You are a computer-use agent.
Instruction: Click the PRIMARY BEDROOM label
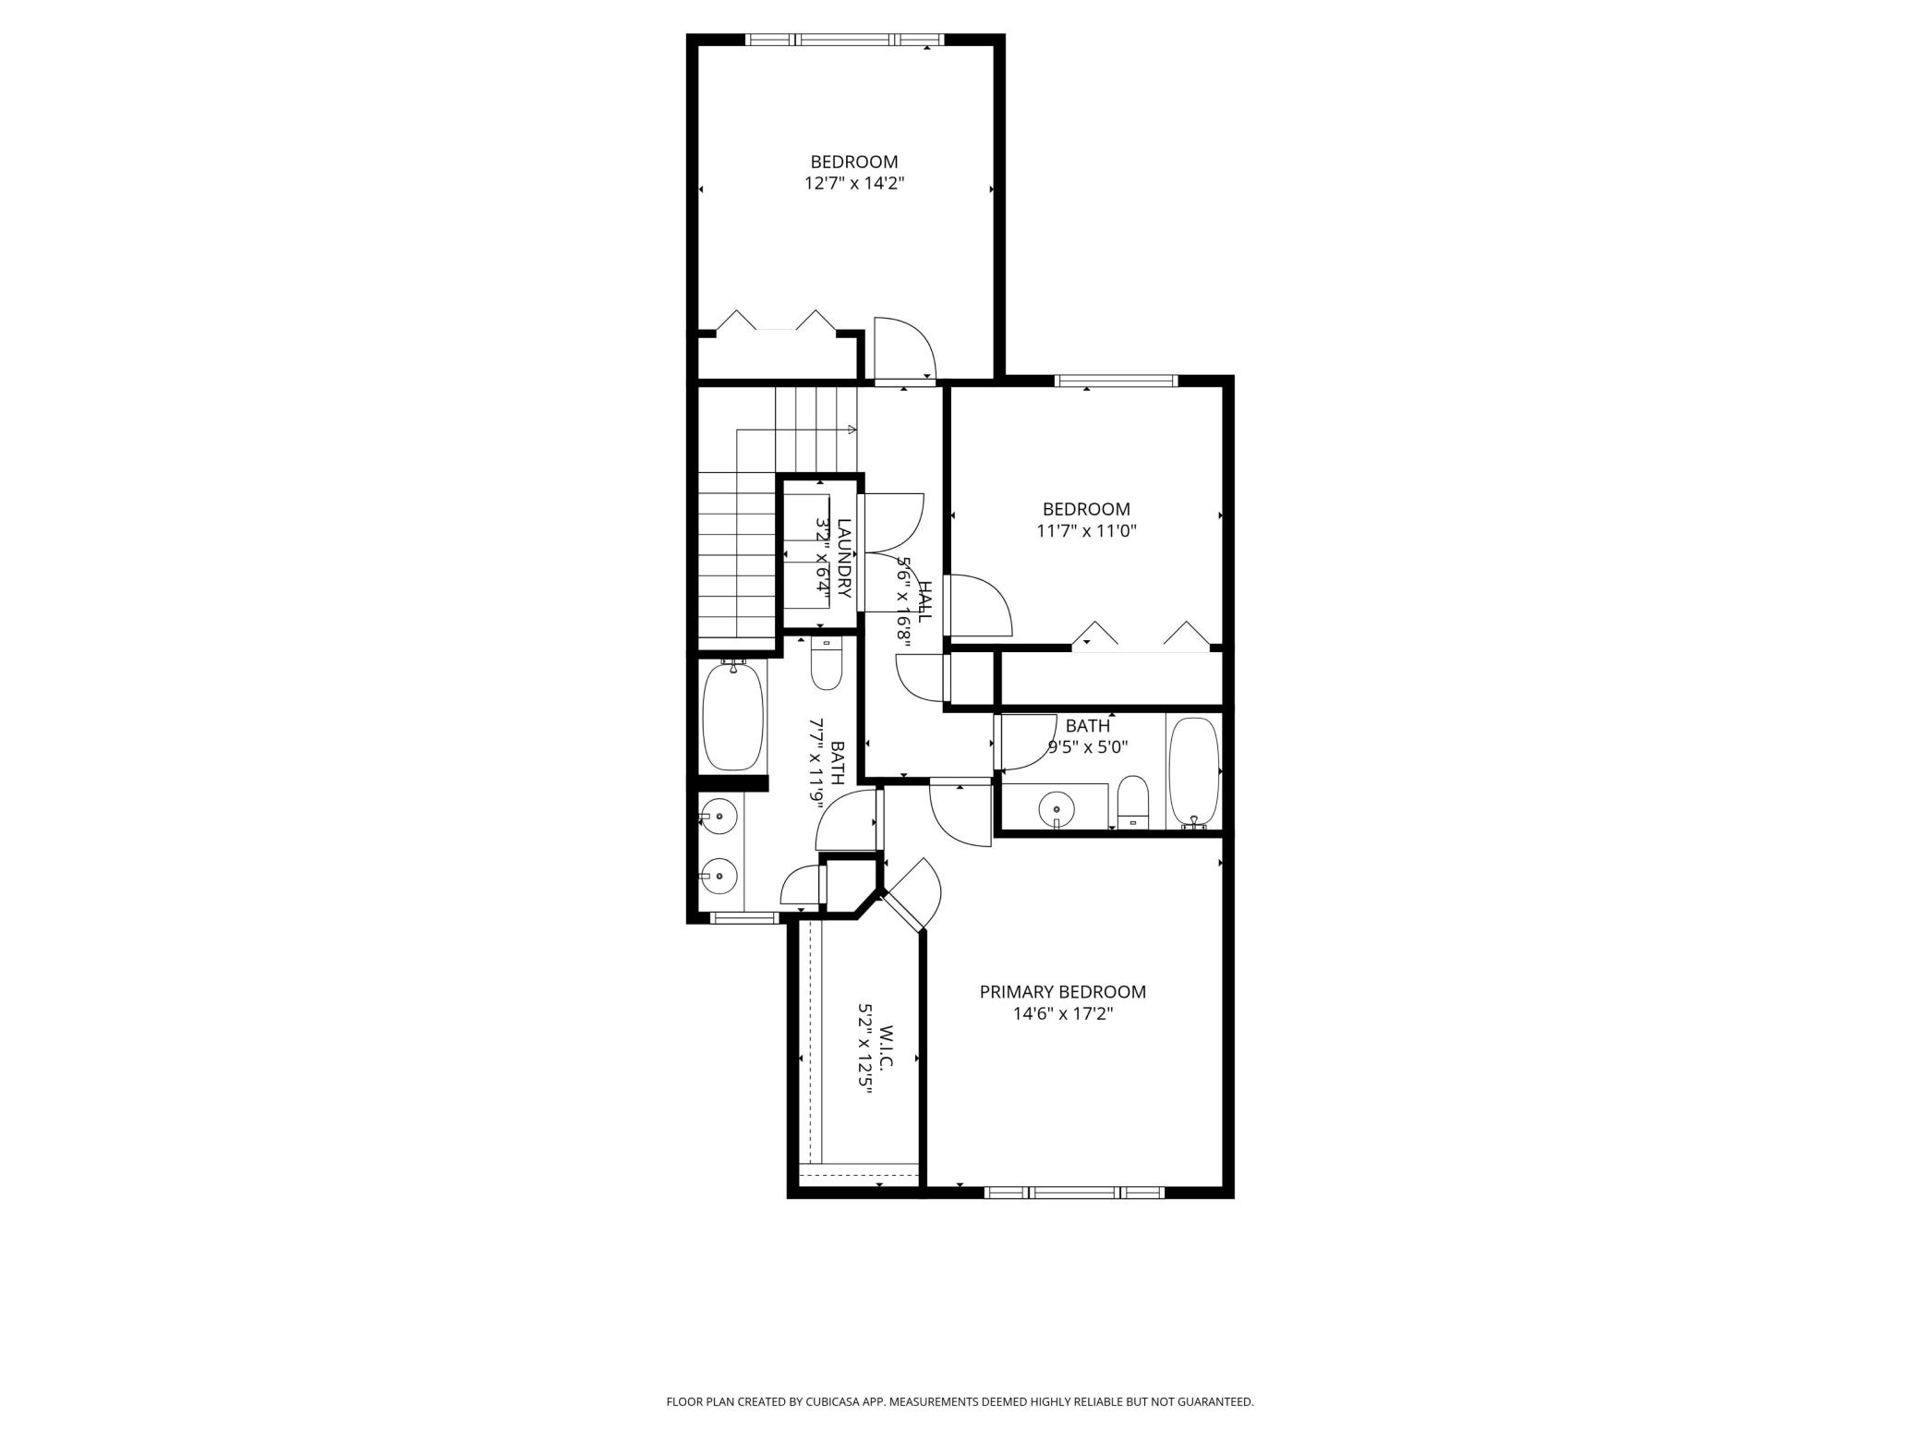click(1062, 992)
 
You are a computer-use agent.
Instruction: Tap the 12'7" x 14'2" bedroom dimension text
click(853, 184)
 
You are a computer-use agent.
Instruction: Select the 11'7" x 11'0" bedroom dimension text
click(1086, 531)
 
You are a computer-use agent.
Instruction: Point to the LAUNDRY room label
click(843, 558)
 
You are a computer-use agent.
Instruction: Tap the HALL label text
click(924, 601)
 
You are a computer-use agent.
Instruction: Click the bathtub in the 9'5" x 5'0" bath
click(1193, 771)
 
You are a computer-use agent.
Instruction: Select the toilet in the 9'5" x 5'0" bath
click(1132, 802)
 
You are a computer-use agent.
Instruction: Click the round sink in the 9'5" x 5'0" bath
click(1056, 809)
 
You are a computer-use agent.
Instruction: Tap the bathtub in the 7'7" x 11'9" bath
click(733, 717)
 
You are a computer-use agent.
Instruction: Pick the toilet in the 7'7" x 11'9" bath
click(827, 664)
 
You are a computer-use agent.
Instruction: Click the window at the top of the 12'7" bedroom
click(844, 40)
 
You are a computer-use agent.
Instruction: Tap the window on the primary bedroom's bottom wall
click(1074, 1193)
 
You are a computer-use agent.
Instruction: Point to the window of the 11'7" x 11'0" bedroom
click(1116, 381)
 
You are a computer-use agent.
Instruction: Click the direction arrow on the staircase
click(851, 430)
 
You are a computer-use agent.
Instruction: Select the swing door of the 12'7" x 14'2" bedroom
click(905, 349)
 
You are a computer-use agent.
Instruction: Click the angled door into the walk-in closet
click(911, 896)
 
